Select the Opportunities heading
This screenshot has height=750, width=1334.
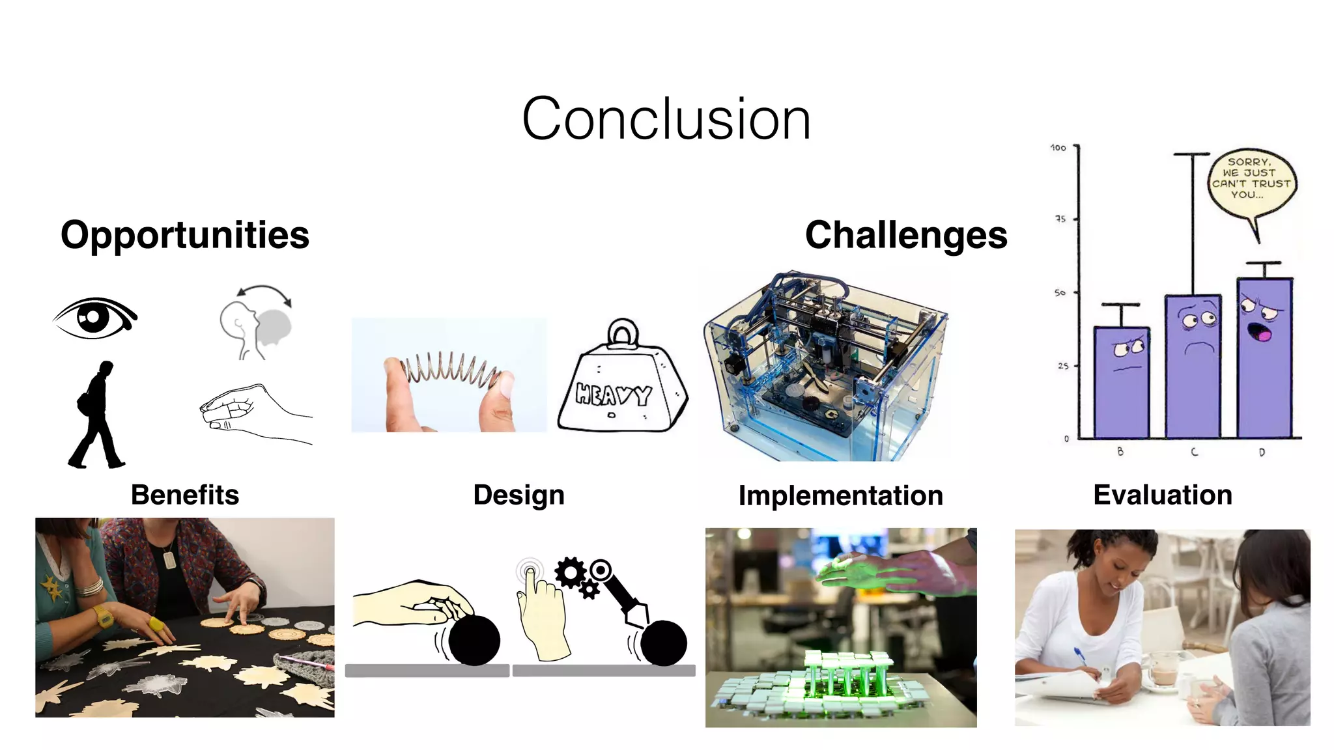pos(185,235)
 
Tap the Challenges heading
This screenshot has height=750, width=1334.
pos(906,235)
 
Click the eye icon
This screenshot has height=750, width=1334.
pos(95,318)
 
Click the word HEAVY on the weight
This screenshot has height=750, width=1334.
pos(613,395)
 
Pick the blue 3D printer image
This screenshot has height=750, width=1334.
pos(826,367)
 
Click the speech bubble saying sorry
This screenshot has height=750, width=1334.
pos(1251,179)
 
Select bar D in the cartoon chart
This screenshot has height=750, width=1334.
pos(1264,358)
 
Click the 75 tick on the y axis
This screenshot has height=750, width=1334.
pos(1060,219)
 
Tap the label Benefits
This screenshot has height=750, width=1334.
pos(185,495)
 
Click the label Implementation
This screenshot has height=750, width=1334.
pos(840,496)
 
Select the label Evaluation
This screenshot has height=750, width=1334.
pos(1163,495)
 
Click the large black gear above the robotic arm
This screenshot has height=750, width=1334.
pos(571,573)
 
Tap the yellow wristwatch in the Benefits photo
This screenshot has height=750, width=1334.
pos(103,615)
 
